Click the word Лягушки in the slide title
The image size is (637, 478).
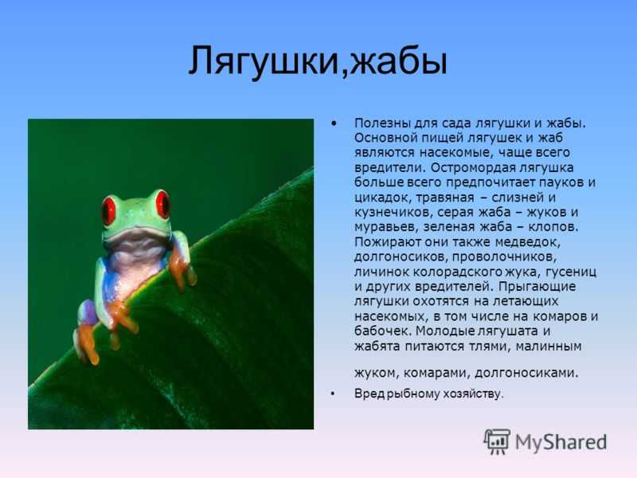(263, 61)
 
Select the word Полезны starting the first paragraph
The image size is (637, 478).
(381, 123)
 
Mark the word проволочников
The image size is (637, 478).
(504, 257)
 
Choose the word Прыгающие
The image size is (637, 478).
(537, 287)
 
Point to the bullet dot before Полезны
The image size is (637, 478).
(334, 123)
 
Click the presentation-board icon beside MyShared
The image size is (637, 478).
(496, 441)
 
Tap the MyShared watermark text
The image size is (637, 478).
(561, 442)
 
